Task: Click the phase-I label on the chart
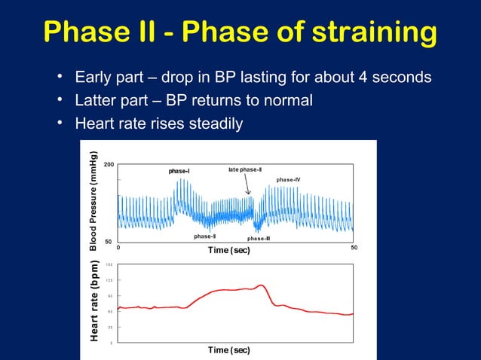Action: point(179,172)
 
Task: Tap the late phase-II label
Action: point(244,170)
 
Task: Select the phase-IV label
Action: point(288,180)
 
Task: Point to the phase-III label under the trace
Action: point(259,238)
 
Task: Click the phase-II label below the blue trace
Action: point(204,236)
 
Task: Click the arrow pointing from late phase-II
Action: point(248,186)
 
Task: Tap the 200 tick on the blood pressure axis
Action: point(108,164)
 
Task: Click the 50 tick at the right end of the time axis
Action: point(354,248)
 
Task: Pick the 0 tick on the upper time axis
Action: point(118,248)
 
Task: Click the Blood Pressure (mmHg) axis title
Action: point(93,202)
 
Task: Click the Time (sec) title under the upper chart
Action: point(228,250)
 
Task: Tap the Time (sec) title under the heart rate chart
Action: point(228,350)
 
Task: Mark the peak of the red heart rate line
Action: point(261,285)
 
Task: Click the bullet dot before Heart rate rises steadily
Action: point(60,123)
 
